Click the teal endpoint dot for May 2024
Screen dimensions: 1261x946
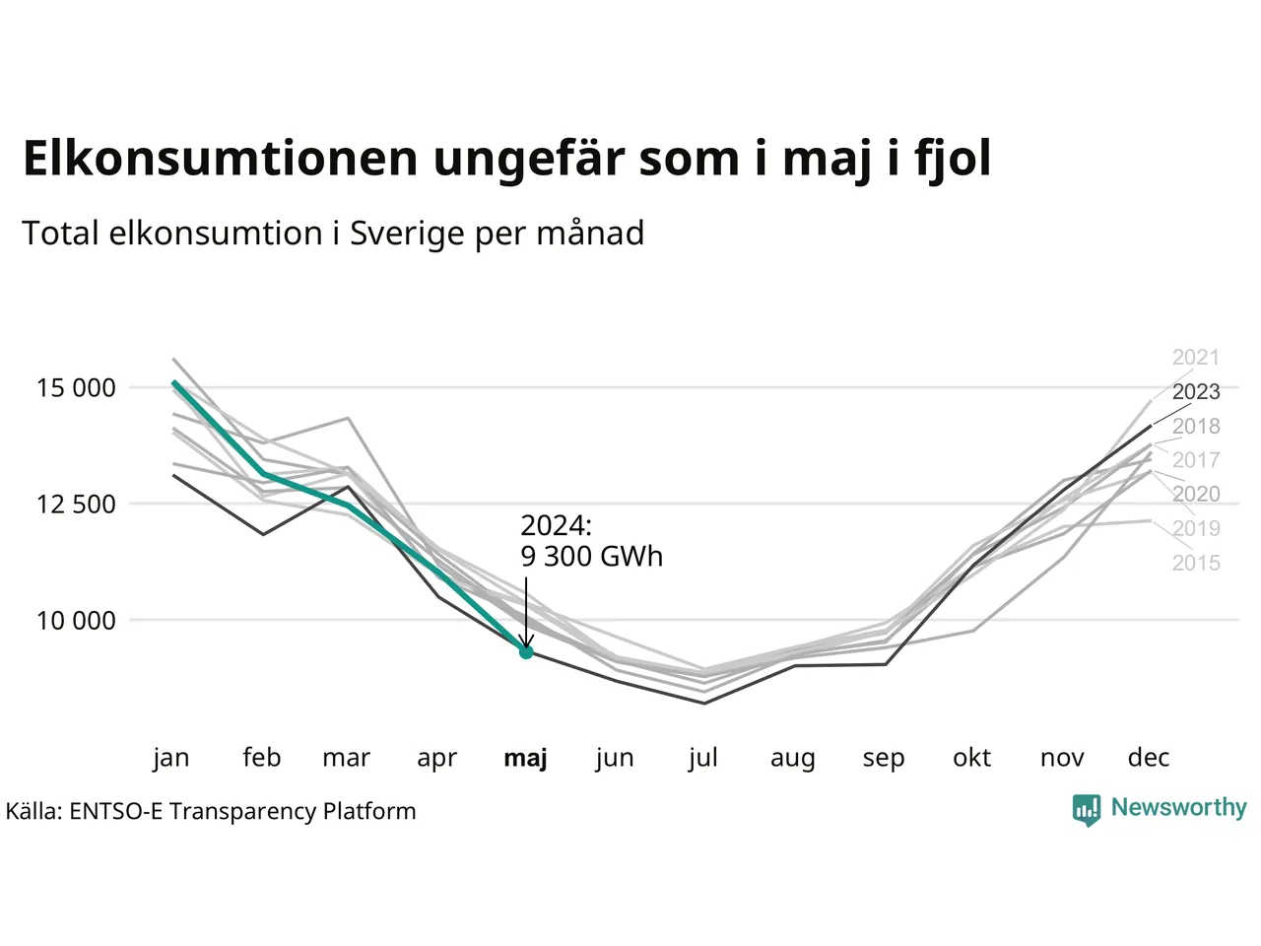[x=526, y=652]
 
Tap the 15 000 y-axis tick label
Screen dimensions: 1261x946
[x=76, y=388]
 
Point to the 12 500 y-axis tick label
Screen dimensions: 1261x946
[x=76, y=505]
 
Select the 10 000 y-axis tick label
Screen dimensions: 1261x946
[x=76, y=621]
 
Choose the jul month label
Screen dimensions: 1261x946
[x=702, y=758]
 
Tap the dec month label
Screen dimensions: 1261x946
[x=1149, y=758]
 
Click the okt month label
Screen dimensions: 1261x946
[x=971, y=758]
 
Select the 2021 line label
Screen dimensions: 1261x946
[x=1196, y=358]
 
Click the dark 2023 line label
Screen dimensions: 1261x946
[x=1196, y=392]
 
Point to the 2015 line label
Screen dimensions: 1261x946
[x=1196, y=563]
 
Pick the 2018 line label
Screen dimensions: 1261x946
[x=1196, y=426]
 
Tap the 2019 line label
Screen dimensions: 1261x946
[x=1196, y=528]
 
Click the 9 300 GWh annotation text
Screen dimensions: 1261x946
[x=592, y=557]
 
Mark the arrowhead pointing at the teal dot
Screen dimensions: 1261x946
[x=526, y=641]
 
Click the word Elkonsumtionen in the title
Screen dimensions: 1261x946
[x=220, y=158]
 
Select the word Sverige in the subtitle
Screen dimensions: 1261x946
[x=407, y=235]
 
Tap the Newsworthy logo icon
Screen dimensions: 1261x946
[x=1087, y=810]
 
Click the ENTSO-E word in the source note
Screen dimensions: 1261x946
[x=116, y=811]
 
